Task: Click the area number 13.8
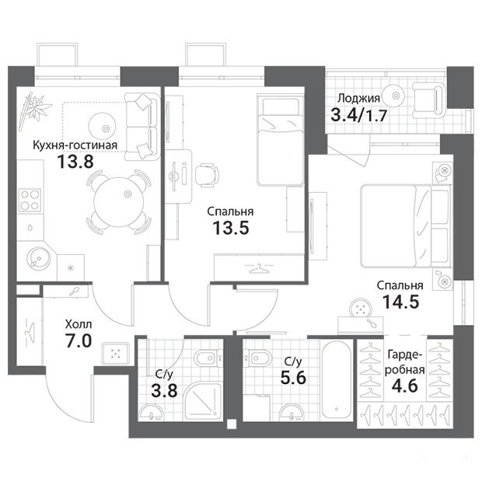point(75,162)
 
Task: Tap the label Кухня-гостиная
point(75,145)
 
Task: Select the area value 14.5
point(401,302)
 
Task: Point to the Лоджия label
point(358,99)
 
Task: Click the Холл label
point(79,324)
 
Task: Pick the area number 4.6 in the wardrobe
point(404,385)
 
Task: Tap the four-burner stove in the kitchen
point(30,200)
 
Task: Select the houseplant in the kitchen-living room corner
point(34,109)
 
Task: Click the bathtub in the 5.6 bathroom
point(337,379)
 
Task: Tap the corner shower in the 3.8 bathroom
point(203,402)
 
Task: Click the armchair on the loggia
point(429,100)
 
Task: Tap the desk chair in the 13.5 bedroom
point(207,175)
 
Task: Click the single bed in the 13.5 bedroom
point(281,140)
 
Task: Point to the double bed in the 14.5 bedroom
point(406,226)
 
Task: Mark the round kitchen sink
point(38,257)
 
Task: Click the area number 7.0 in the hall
point(79,341)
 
